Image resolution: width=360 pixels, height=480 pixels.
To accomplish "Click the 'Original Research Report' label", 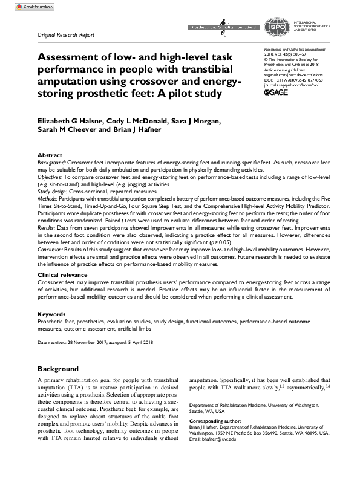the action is [x=66, y=35].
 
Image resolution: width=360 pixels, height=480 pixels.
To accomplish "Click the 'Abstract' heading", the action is [x=50, y=155].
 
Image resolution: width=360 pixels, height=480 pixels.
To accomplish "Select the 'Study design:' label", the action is [x=53, y=190].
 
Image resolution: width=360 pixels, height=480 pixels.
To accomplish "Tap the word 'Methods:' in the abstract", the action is [x=48, y=197].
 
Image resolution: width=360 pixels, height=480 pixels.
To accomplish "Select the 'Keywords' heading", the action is [x=52, y=314].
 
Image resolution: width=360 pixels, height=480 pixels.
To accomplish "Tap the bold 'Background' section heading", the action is [x=58, y=368].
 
